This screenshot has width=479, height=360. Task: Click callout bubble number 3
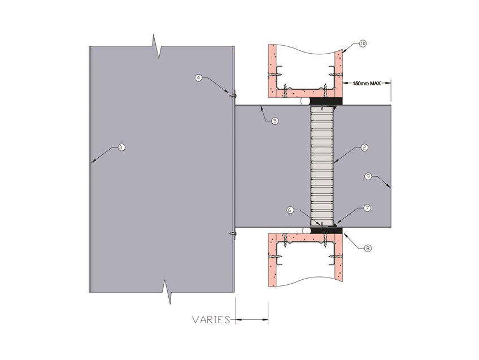click(x=121, y=148)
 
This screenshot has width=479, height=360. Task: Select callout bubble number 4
click(x=199, y=77)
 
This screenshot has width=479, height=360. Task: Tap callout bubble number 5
click(x=275, y=122)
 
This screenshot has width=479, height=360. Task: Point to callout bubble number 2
click(x=364, y=148)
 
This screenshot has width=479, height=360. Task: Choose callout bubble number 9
click(x=368, y=176)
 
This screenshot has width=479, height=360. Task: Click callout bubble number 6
click(x=290, y=210)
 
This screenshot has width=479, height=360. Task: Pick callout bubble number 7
click(x=368, y=209)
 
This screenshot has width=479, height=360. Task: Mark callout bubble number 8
click(x=368, y=248)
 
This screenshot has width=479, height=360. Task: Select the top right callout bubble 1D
click(x=363, y=44)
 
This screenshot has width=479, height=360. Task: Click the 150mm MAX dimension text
click(x=367, y=83)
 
